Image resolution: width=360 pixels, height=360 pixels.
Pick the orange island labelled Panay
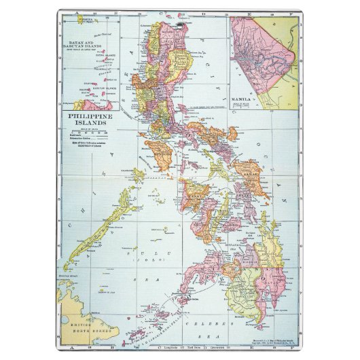[196, 200]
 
